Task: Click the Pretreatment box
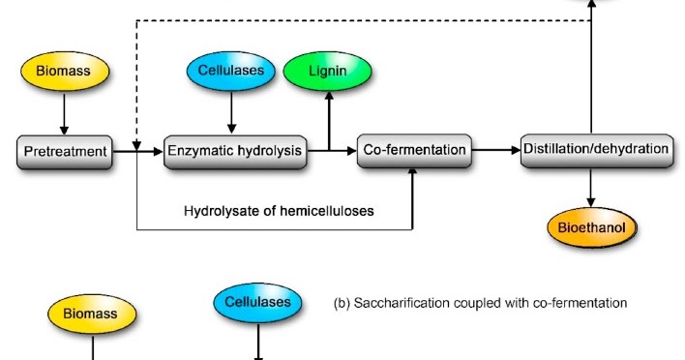[x=65, y=150]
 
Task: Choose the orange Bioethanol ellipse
[x=590, y=228]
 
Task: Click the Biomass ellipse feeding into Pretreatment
[x=65, y=73]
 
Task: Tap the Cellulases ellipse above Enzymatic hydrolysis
[x=230, y=73]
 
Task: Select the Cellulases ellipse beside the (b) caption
[x=257, y=303]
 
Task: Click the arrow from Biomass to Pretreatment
[x=65, y=113]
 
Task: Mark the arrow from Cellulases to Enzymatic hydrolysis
[x=230, y=113]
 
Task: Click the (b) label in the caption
[x=342, y=303]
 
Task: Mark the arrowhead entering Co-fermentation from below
[x=413, y=172]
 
